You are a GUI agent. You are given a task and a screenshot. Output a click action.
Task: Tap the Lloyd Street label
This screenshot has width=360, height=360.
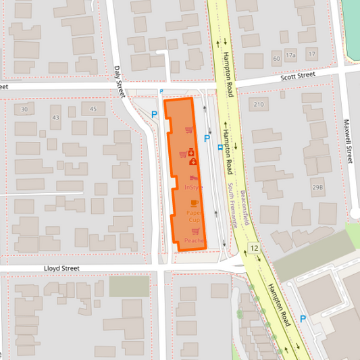click(x=61, y=268)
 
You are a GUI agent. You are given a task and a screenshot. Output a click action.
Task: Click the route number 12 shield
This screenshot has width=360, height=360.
click(x=253, y=250)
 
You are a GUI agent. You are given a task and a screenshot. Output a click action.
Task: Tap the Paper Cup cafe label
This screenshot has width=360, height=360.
click(x=194, y=217)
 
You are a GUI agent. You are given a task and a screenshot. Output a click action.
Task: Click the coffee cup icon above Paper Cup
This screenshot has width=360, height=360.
click(x=195, y=203)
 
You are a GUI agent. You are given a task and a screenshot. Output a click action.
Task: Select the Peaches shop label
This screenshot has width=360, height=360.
click(x=194, y=240)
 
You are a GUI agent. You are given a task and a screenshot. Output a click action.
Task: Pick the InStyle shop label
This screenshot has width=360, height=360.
click(x=194, y=186)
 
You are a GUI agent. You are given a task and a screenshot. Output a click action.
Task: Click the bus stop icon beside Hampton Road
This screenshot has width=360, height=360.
click(x=220, y=146)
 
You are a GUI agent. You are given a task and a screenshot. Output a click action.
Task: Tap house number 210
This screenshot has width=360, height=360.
click(x=258, y=104)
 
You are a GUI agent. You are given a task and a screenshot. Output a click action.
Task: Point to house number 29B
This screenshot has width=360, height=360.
click(x=317, y=187)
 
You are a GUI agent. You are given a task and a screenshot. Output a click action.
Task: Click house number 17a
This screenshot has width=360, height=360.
click(x=290, y=55)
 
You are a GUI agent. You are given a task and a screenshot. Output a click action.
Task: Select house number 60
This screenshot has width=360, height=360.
click(x=276, y=59)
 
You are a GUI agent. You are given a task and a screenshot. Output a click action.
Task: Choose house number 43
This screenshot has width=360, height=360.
click(x=55, y=118)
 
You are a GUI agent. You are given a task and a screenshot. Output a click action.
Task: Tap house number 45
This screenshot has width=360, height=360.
click(x=93, y=109)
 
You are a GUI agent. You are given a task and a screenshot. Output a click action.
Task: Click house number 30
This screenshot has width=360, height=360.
click(x=24, y=109)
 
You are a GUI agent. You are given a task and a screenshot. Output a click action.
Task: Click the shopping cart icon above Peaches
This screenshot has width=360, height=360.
click(x=195, y=231)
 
